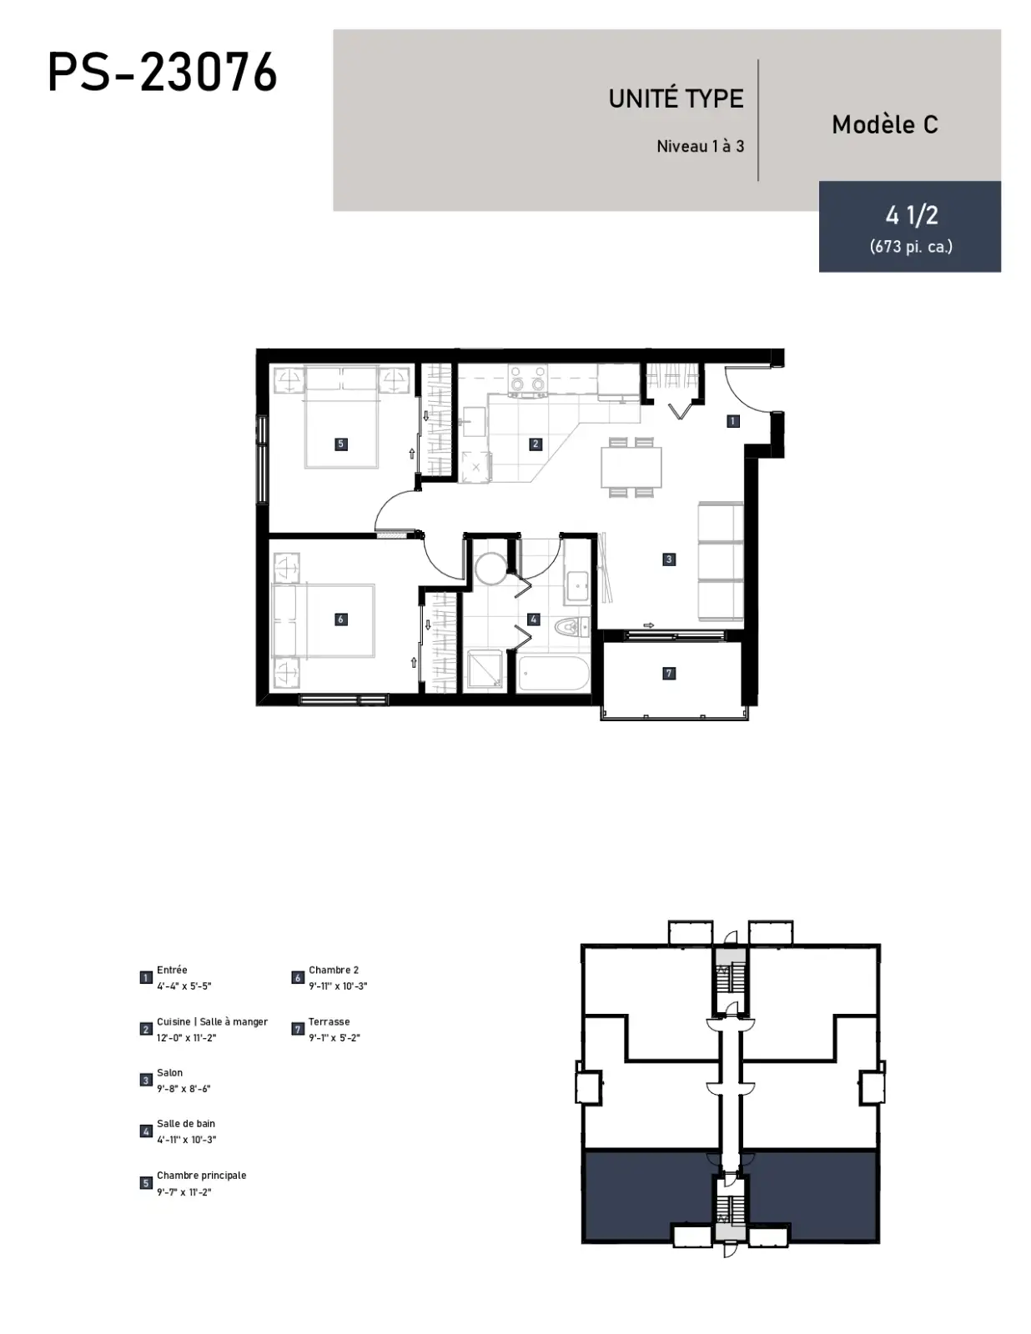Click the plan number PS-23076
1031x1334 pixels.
163,72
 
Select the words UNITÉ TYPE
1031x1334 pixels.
676,99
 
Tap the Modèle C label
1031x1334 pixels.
885,124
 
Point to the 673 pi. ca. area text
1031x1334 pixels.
911,247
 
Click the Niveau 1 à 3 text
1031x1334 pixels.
701,147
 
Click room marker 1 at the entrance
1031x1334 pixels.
732,421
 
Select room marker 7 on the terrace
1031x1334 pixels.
669,674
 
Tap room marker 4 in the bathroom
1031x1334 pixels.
534,619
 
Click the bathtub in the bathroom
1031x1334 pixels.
553,674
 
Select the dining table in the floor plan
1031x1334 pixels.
631,467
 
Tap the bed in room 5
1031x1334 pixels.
341,418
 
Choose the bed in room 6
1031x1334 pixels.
324,620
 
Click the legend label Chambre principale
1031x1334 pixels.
201,1175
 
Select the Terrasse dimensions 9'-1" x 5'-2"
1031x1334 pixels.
334,1037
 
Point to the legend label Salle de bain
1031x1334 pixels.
186,1123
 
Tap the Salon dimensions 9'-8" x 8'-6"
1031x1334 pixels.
184,1088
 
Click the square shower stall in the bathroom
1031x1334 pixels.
485,670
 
